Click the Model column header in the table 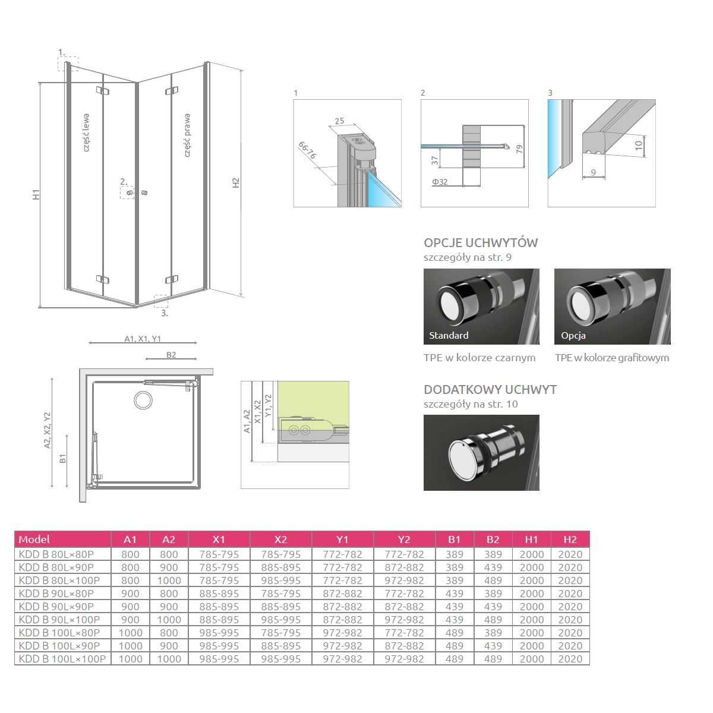tap(34, 539)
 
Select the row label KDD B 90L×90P tap(56, 607)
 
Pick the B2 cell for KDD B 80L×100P tap(493, 580)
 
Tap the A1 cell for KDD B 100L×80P tap(130, 633)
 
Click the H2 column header tap(570, 539)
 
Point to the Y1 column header tap(342, 539)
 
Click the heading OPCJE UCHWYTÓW tap(481, 243)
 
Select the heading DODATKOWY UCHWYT tap(490, 389)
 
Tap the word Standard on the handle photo tap(449, 335)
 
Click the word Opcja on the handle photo tap(573, 336)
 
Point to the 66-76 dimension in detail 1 tap(307, 150)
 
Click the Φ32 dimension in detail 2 tap(440, 182)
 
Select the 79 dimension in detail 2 tap(519, 149)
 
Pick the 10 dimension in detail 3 tap(639, 146)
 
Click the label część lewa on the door tap(86, 132)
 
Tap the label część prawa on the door tap(187, 135)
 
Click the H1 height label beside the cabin tap(36, 194)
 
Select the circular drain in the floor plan tap(143, 400)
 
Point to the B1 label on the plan tap(62, 459)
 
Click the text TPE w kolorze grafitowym tap(612, 358)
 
